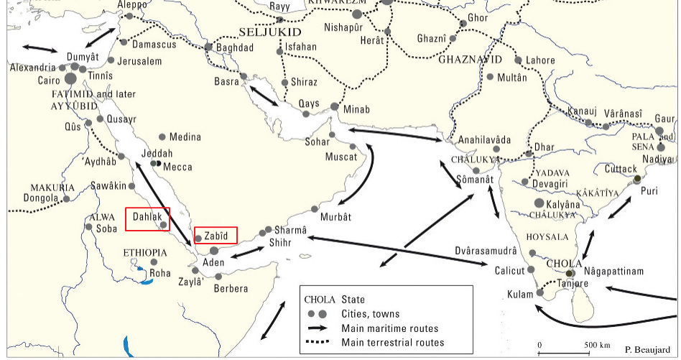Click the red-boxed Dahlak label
147,219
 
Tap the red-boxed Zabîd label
216,235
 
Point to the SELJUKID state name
269,32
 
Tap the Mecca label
178,167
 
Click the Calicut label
510,271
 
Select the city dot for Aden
214,251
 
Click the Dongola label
41,198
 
